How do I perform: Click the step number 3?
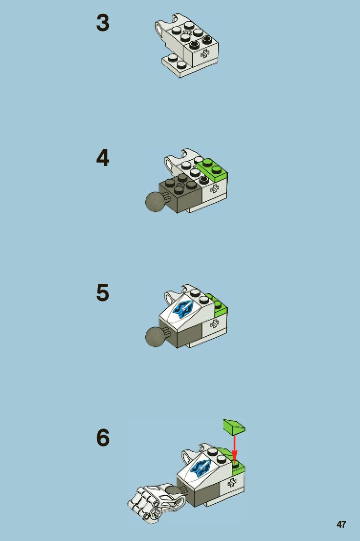tap(103, 23)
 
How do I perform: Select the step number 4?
tap(103, 158)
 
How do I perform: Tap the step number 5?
tap(103, 292)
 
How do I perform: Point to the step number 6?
tap(103, 438)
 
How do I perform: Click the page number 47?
tap(341, 524)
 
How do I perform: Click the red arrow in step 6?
tap(235, 449)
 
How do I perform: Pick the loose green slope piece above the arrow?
tap(234, 427)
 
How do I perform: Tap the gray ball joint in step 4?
tap(155, 202)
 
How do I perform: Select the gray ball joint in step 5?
tap(155, 337)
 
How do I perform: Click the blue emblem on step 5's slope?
tap(184, 308)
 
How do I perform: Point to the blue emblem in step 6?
tap(201, 468)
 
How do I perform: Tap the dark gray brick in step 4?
tap(180, 193)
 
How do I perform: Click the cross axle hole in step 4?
tap(214, 188)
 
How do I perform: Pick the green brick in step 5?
tap(220, 306)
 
